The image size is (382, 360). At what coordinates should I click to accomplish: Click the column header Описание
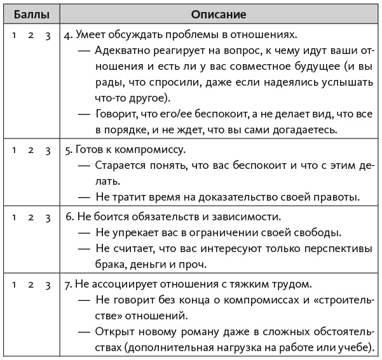click(218, 13)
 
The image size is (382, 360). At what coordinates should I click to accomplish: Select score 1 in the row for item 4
click(13, 35)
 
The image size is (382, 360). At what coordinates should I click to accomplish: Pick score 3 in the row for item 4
click(48, 35)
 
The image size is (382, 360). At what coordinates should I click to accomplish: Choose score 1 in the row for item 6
click(13, 217)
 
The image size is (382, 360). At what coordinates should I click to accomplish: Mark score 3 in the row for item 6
click(48, 217)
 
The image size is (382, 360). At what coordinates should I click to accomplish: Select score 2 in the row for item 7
click(31, 284)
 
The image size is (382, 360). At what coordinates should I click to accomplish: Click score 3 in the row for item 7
click(48, 284)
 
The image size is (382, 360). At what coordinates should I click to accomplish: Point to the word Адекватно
click(121, 51)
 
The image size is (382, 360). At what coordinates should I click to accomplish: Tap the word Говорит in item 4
click(116, 113)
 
